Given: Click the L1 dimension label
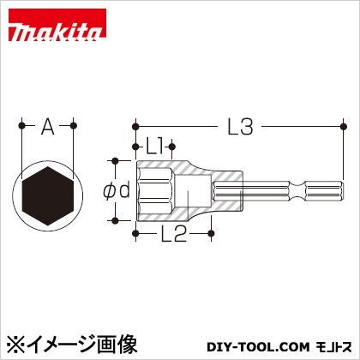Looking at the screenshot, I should (x=156, y=147).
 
